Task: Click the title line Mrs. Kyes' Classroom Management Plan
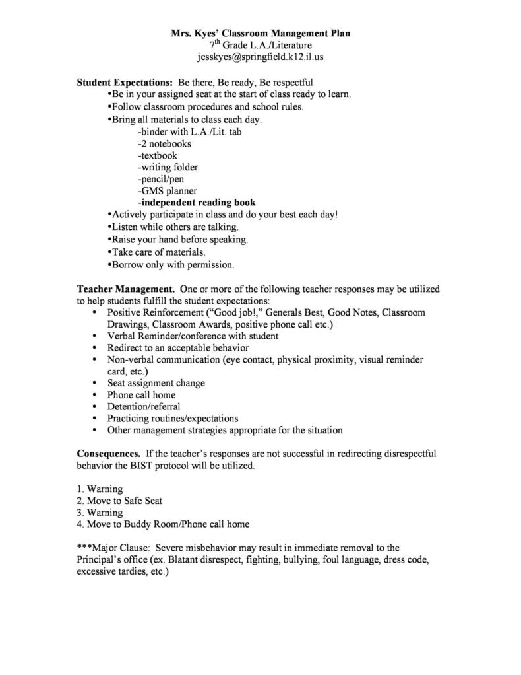[x=260, y=32]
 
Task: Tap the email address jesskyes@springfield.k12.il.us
[x=260, y=57]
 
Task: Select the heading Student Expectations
[x=125, y=83]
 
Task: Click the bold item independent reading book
[x=197, y=202]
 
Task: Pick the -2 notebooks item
[x=165, y=143]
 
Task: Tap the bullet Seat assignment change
[x=156, y=383]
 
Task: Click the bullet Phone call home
[x=141, y=395]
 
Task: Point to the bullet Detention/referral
[x=144, y=407]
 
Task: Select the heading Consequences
[x=108, y=454]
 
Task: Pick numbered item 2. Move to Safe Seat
[x=119, y=501]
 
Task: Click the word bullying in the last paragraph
[x=322, y=560]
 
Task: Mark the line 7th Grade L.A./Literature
[x=260, y=45]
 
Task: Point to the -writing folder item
[x=168, y=167]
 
